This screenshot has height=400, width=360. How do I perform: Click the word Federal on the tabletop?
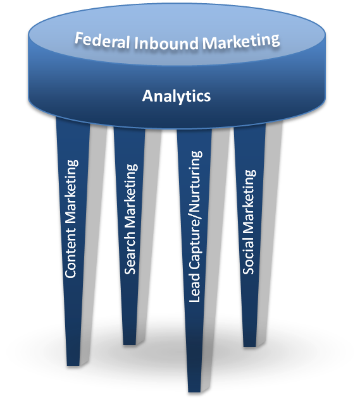(x=102, y=40)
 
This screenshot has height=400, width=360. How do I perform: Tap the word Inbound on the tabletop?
(x=166, y=42)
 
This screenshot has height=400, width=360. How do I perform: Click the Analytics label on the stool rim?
(x=177, y=97)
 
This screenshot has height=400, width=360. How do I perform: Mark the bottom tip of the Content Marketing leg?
(x=73, y=365)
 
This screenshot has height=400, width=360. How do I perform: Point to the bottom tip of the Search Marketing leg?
(x=129, y=344)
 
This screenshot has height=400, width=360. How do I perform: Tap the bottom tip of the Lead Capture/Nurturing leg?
(x=195, y=392)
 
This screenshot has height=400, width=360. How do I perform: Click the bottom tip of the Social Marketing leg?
(x=250, y=346)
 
